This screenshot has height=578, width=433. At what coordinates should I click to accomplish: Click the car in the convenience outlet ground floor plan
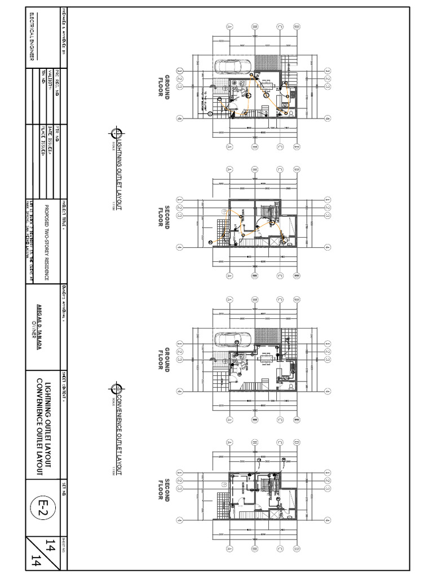point(228,339)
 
